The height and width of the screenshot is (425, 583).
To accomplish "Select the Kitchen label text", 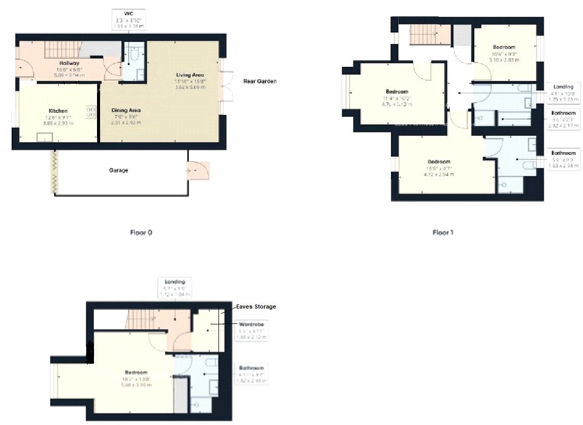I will click(58, 111).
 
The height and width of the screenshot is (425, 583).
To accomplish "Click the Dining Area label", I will click(126, 110).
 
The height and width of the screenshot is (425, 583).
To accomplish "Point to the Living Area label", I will click(190, 75).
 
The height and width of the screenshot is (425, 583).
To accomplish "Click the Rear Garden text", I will click(260, 81).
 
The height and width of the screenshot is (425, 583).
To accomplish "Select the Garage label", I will click(118, 170).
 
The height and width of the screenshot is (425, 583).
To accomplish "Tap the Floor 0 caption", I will click(141, 232).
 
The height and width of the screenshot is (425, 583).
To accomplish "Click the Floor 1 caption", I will click(443, 232).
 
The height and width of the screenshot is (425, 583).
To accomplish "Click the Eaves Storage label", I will click(256, 306).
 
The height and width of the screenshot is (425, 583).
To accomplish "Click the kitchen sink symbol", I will click(44, 136).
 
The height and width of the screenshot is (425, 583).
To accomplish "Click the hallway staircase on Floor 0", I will click(60, 50).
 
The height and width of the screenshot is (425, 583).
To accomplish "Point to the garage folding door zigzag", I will click(53, 172).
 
